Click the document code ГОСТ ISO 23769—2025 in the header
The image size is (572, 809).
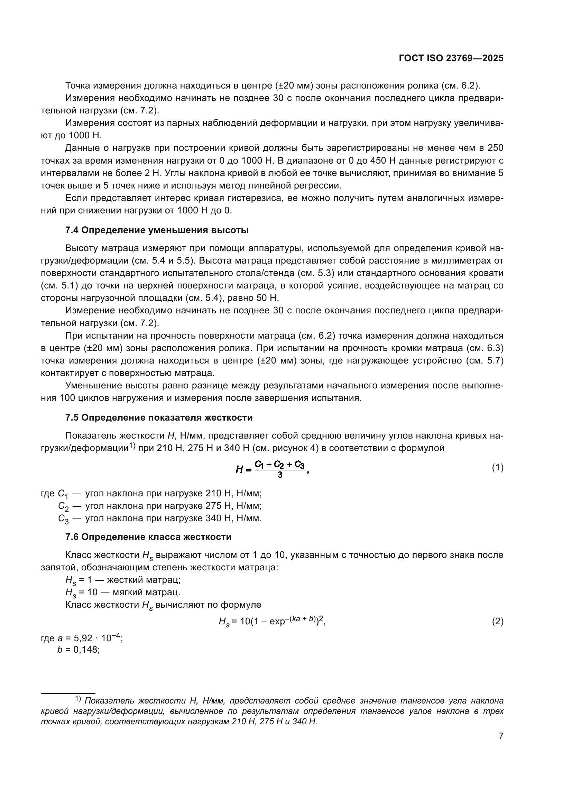[x=451, y=58]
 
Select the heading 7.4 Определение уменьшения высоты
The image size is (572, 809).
[x=157, y=230]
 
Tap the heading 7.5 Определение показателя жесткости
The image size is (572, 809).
[x=159, y=418]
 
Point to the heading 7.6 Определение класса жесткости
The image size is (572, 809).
[x=148, y=537]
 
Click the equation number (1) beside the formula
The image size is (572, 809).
[x=497, y=468]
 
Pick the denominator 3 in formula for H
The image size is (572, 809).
[x=280, y=475]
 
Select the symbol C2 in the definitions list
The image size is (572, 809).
[x=63, y=506]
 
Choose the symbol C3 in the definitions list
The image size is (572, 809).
[x=63, y=519]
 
